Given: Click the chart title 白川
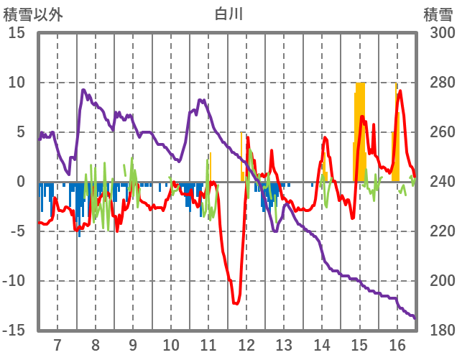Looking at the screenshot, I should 228,14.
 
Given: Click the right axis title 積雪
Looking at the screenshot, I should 437,14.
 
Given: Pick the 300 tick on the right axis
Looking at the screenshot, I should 435,33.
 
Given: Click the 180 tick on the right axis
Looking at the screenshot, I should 435,331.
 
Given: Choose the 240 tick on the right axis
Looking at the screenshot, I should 435,182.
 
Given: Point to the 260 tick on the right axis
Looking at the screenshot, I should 435,132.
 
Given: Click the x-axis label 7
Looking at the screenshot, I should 57,344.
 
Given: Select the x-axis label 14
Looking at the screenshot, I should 322,344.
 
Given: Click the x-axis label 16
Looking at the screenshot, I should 397,344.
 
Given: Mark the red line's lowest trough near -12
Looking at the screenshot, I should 236,304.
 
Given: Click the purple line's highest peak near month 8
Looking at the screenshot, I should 84,90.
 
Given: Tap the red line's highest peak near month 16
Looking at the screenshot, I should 400,91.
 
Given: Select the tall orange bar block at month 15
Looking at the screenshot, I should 360,129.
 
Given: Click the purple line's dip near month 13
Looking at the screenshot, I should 275,231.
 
